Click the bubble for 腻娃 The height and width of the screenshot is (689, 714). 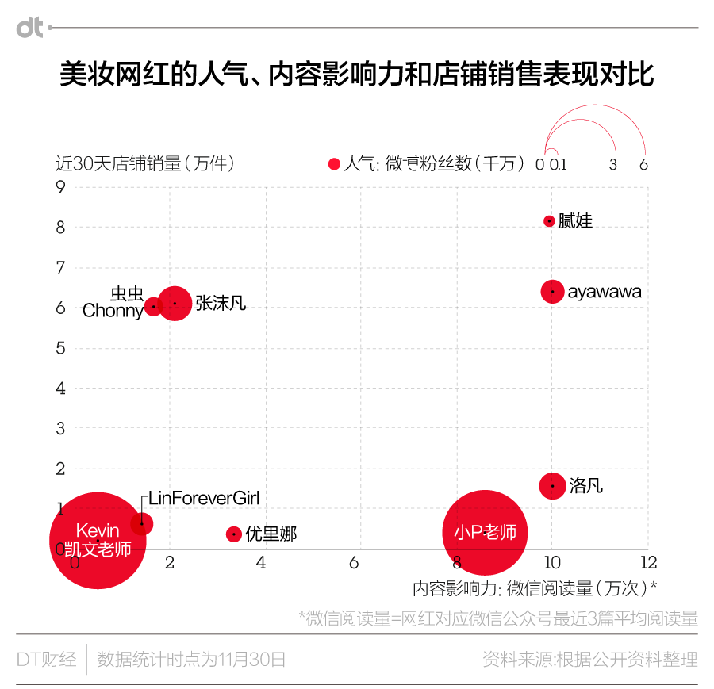pyautogui.click(x=549, y=221)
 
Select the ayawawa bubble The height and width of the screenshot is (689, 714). pyautogui.click(x=553, y=292)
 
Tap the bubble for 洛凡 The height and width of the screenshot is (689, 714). pyautogui.click(x=553, y=485)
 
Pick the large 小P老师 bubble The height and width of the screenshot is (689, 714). pyautogui.click(x=485, y=532)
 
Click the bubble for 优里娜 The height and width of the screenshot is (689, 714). pyautogui.click(x=233, y=534)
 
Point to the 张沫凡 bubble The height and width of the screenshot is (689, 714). pyautogui.click(x=175, y=303)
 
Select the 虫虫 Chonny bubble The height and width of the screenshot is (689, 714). pyautogui.click(x=154, y=306)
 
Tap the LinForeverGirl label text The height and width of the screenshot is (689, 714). pyautogui.click(x=204, y=499)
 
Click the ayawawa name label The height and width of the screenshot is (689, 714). pyautogui.click(x=605, y=292)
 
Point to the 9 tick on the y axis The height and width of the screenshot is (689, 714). pyautogui.click(x=60, y=187)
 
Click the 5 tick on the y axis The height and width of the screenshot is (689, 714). pyautogui.click(x=60, y=348)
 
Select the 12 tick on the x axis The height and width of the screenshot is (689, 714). pyautogui.click(x=649, y=562)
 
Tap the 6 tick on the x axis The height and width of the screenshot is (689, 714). pyautogui.click(x=361, y=562)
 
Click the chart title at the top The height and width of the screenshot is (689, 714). pyautogui.click(x=357, y=75)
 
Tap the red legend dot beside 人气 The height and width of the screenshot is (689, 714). pyautogui.click(x=334, y=164)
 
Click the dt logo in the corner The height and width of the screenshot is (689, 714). pyautogui.click(x=30, y=28)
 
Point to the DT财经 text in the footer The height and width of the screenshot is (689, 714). pyautogui.click(x=47, y=659)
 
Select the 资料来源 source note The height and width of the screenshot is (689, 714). pyautogui.click(x=589, y=659)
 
